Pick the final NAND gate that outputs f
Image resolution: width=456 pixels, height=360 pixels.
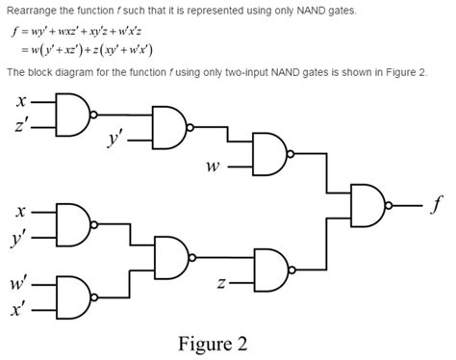(367, 204)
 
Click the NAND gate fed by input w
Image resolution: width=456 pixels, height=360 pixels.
(268, 151)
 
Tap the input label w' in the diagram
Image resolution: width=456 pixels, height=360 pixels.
(19, 284)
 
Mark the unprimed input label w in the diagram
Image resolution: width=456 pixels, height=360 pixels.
(213, 165)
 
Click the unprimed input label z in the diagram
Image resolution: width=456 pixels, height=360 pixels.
(221, 283)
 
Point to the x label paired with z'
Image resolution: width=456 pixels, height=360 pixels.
(21, 100)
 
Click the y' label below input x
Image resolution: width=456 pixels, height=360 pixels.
(21, 236)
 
